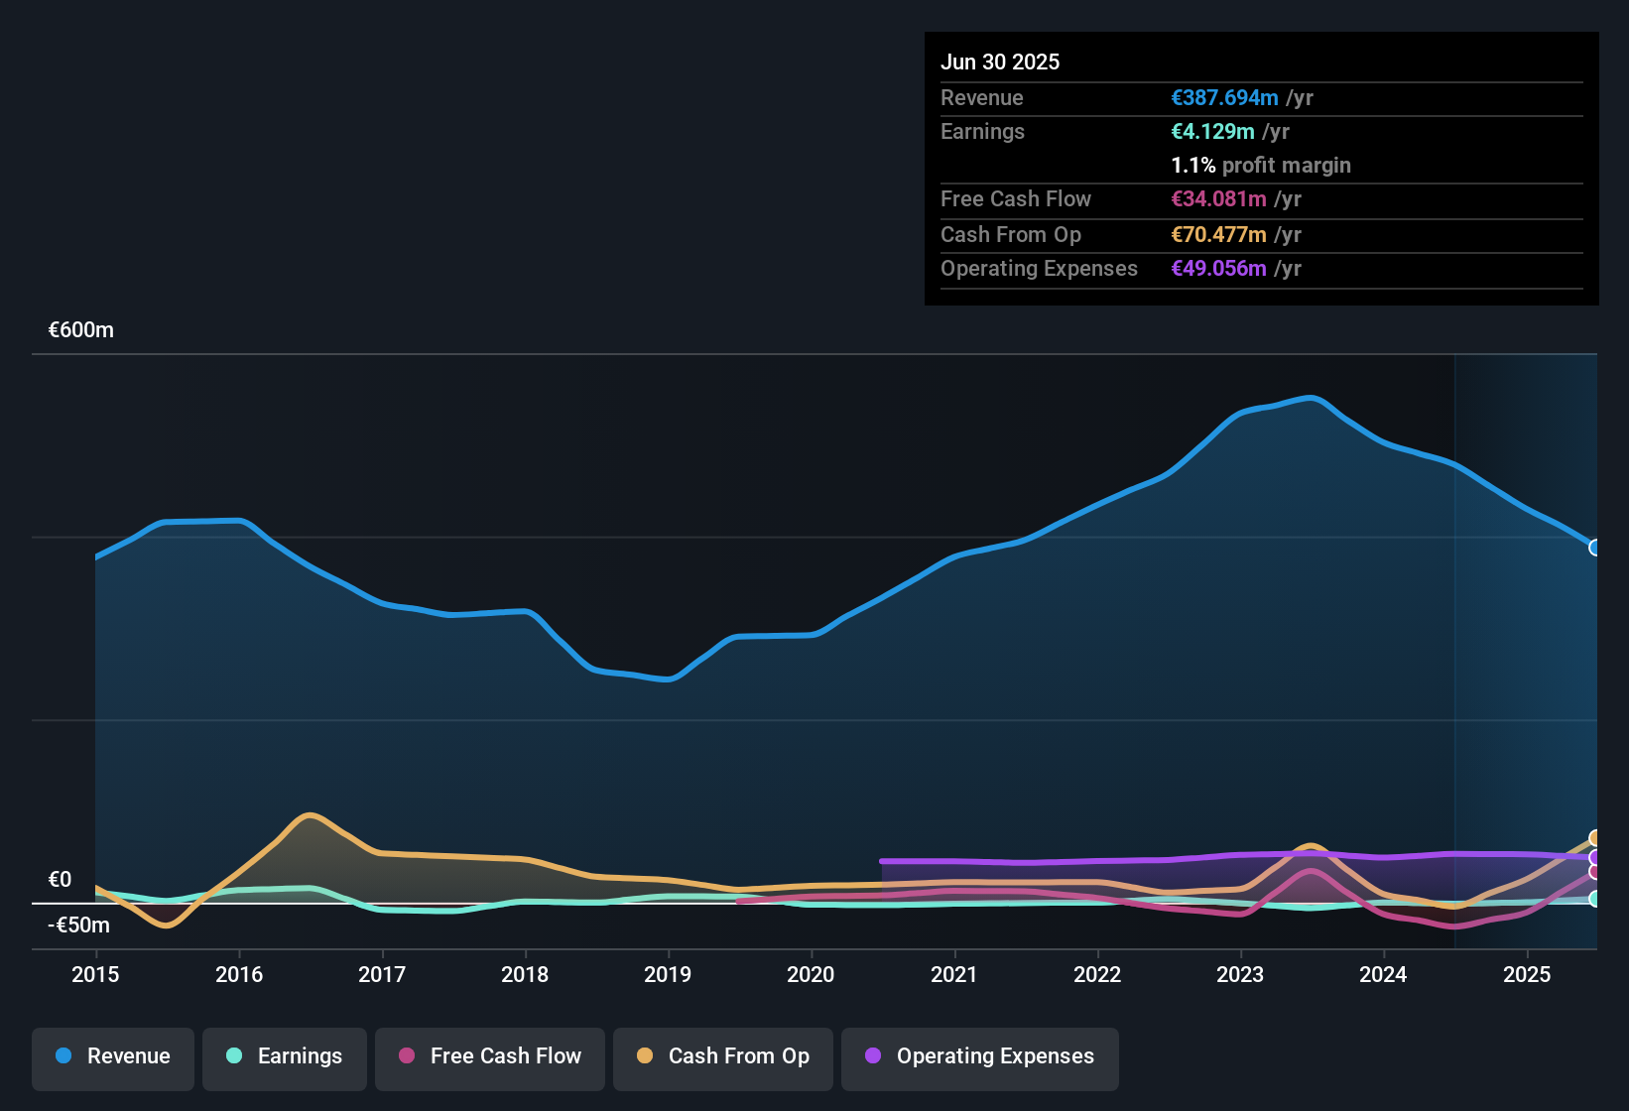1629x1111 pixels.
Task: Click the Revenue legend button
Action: tap(113, 1056)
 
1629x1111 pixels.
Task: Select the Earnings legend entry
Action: tap(285, 1056)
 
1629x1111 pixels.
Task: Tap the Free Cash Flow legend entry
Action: tap(490, 1056)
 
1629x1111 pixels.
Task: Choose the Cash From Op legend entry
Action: tap(723, 1056)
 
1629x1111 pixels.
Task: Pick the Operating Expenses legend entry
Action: tap(980, 1056)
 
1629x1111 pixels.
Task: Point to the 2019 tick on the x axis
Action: tap(668, 974)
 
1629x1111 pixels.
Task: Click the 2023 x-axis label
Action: tap(1240, 974)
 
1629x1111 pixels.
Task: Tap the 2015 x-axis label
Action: tap(95, 974)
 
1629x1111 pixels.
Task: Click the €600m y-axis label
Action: tap(81, 330)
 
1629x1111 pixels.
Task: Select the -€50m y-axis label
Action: tap(80, 926)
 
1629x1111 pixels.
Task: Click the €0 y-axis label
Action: tap(60, 880)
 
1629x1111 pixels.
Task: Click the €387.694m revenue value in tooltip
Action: tap(1224, 98)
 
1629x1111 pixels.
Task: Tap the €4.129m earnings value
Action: tap(1212, 132)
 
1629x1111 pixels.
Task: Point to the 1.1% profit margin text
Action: tap(1260, 166)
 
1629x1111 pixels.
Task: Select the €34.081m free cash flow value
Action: tap(1218, 199)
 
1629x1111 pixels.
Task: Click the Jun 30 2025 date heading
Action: tap(1000, 62)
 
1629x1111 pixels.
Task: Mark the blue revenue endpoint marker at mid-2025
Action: tap(1594, 548)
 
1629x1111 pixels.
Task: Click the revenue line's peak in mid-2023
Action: tap(1312, 399)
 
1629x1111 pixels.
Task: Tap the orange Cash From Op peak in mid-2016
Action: tap(311, 815)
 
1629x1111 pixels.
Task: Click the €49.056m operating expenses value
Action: tap(1218, 269)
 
